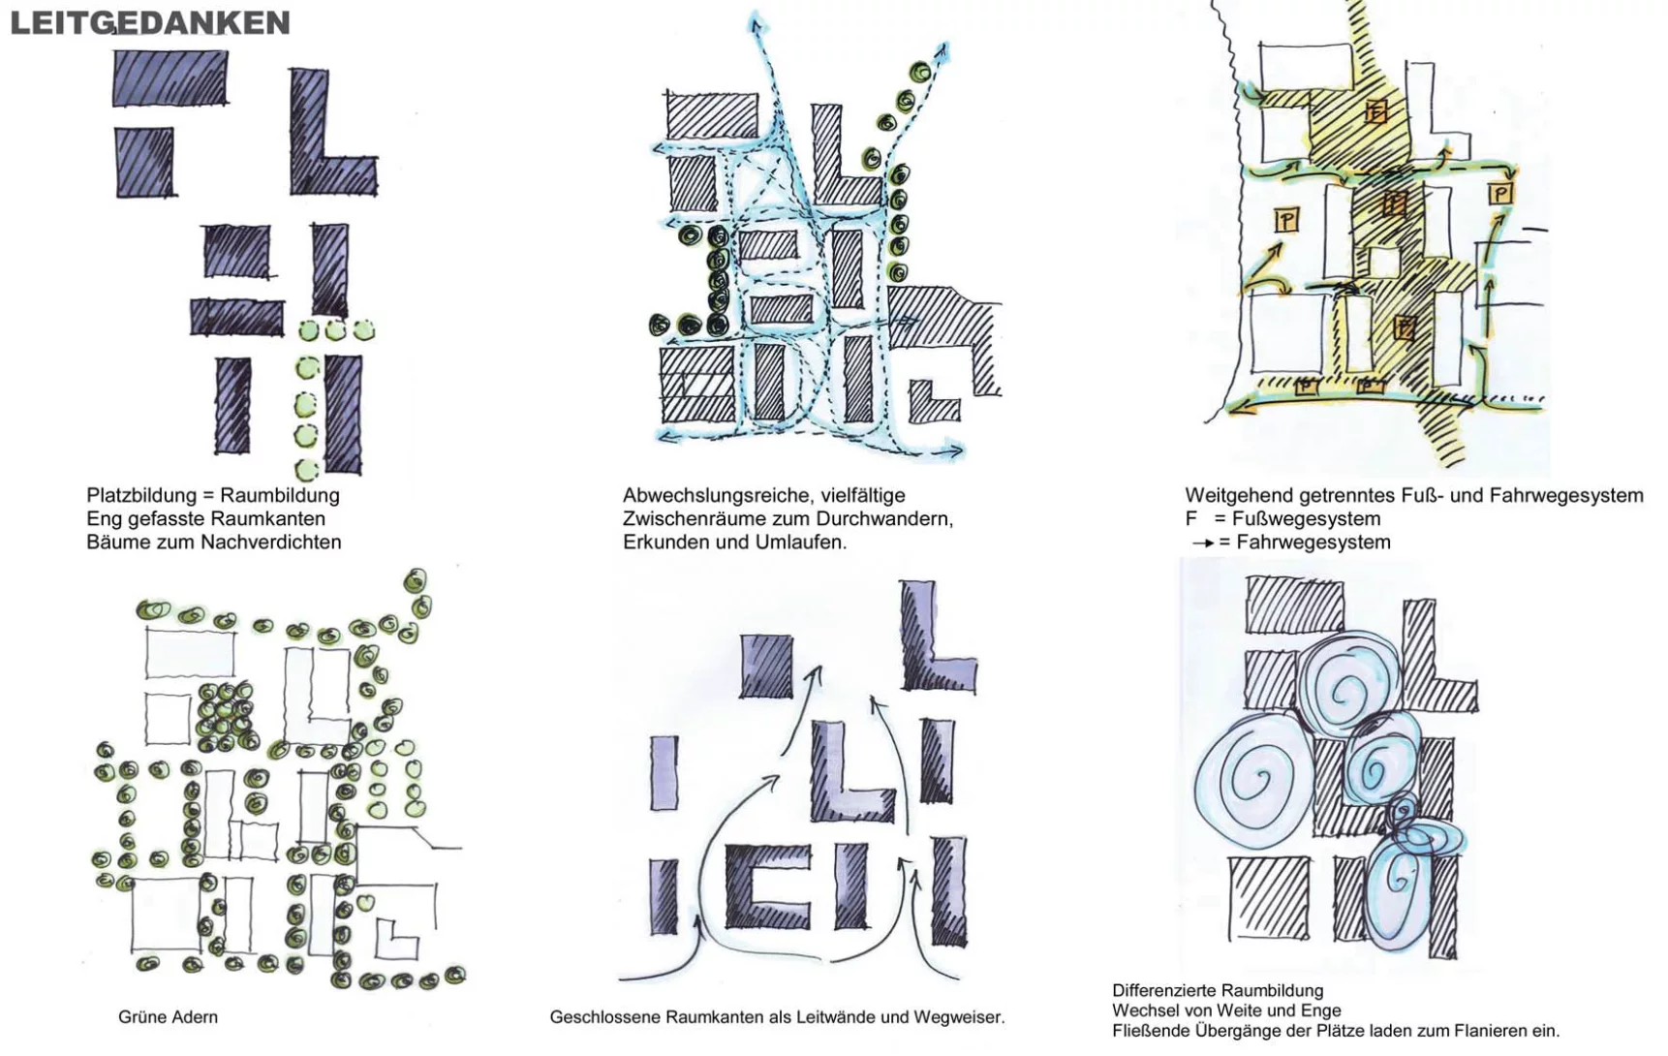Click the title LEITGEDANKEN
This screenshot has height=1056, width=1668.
click(x=150, y=22)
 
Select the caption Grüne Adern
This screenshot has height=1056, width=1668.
click(x=168, y=1017)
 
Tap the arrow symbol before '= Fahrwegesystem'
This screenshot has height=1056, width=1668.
click(x=1203, y=544)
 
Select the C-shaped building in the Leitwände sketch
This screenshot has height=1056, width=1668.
click(x=765, y=886)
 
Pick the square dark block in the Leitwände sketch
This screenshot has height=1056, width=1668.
click(x=766, y=665)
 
